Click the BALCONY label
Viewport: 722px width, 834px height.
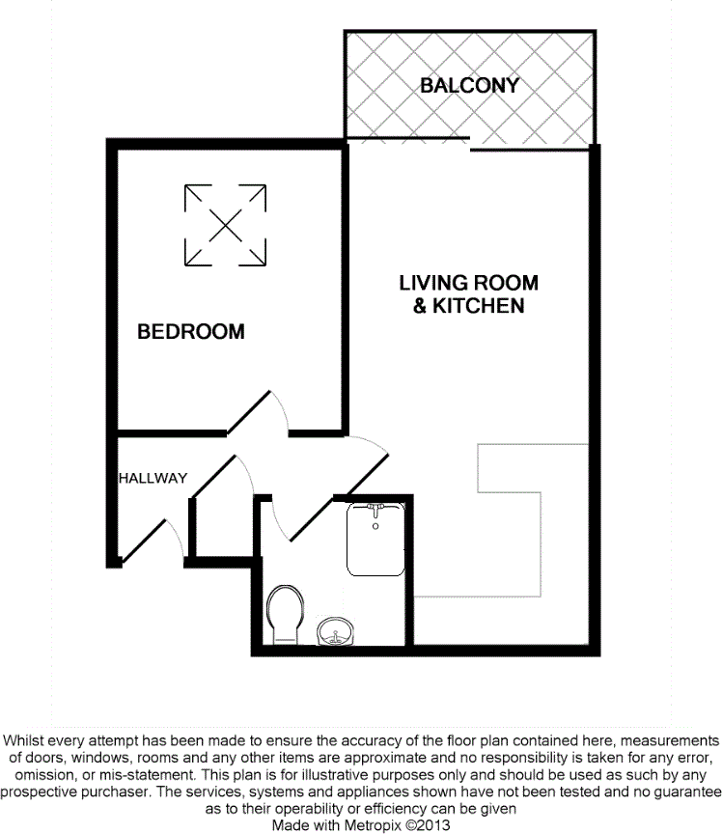(469, 85)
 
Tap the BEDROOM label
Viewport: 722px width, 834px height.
(191, 332)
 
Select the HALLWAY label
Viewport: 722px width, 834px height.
(153, 478)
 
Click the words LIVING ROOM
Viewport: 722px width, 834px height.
(469, 283)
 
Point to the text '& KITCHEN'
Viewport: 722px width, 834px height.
(469, 306)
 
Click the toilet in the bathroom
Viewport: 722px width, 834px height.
(286, 612)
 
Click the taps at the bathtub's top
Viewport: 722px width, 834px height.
(376, 509)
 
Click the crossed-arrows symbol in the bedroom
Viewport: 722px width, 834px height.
(225, 225)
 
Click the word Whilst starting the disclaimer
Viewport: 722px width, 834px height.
(27, 733)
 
